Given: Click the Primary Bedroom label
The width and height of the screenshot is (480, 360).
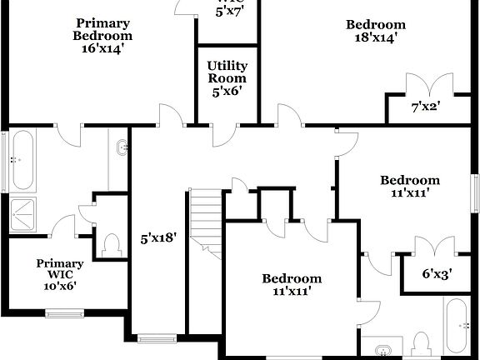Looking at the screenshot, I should (x=102, y=30).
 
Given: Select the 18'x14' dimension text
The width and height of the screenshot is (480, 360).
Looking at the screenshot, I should (x=376, y=37).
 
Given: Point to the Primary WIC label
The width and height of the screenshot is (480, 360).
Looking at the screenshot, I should (x=60, y=269).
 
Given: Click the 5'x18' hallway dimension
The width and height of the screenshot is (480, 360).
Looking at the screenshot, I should (x=158, y=238).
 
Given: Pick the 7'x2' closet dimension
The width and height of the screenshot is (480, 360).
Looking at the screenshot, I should (x=426, y=107).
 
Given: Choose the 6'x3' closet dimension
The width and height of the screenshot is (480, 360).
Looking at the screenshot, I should (x=436, y=273).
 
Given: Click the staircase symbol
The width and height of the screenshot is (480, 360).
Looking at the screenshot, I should (x=205, y=220).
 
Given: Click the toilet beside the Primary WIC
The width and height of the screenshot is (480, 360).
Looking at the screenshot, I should (x=110, y=245).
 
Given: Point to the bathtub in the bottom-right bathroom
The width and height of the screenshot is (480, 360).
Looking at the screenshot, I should (x=457, y=326).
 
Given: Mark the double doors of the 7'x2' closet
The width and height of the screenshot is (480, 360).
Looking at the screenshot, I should (x=421, y=87).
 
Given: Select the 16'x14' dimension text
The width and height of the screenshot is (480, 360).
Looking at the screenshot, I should (x=102, y=48).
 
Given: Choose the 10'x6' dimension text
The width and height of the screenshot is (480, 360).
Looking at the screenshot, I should (x=60, y=284).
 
